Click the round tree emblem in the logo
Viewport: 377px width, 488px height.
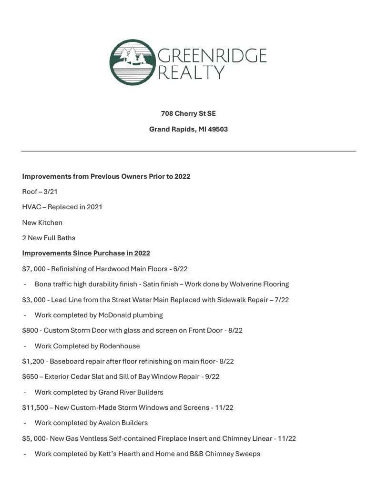point(132,62)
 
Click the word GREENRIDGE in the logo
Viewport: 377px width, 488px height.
point(212,56)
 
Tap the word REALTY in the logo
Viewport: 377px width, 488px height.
point(191,73)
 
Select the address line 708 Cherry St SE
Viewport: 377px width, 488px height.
point(188,113)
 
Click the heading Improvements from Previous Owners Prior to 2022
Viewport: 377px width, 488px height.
point(106,176)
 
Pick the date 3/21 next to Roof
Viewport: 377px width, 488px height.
point(50,192)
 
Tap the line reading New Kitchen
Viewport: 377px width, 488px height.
point(42,223)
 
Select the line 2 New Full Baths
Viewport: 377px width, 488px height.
point(49,238)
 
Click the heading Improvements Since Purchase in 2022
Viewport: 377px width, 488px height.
point(86,253)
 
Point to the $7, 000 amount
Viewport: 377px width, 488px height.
point(33,269)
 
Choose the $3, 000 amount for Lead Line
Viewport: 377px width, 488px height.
point(33,300)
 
